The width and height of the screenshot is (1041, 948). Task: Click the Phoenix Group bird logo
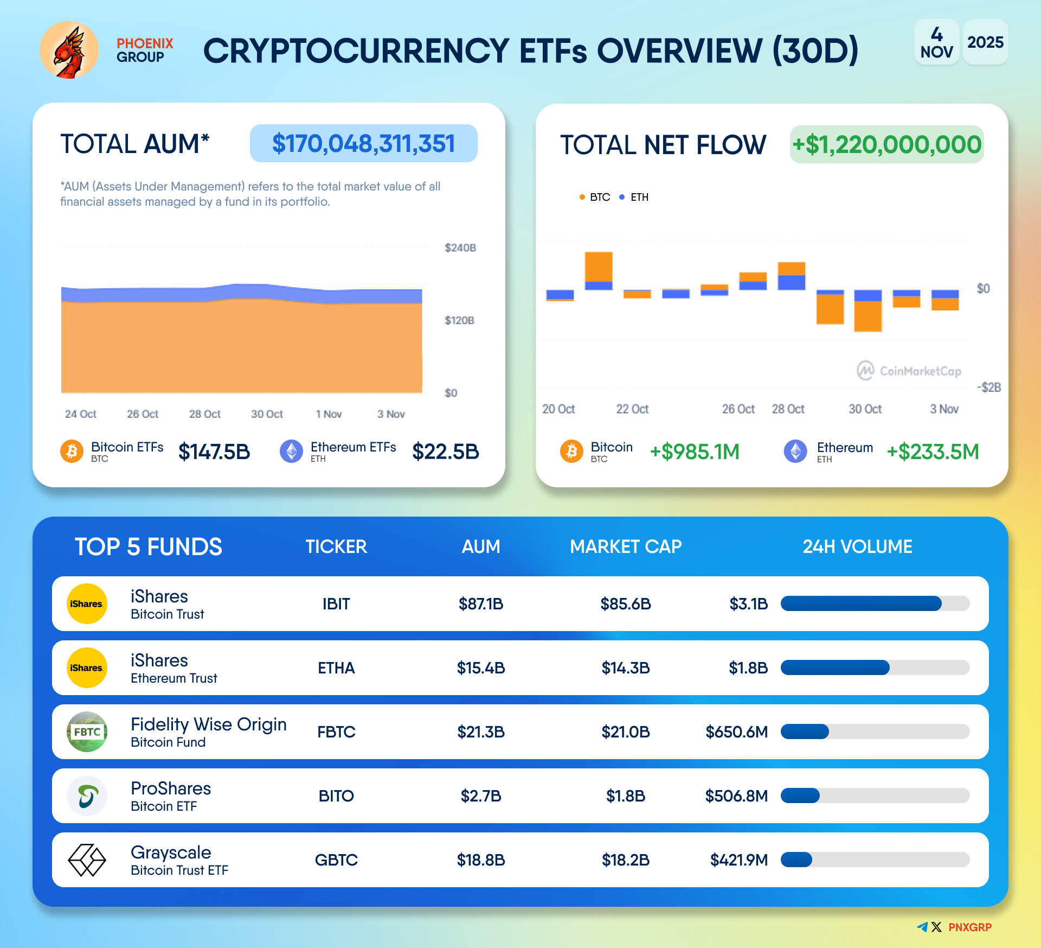coord(69,50)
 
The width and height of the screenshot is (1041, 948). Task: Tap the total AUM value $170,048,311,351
coord(363,144)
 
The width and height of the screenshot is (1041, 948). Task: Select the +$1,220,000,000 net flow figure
coord(886,145)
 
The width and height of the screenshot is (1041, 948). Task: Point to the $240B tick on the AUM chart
coord(460,248)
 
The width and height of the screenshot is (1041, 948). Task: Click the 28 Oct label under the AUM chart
coord(204,414)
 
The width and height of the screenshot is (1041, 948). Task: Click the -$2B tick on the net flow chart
coord(988,387)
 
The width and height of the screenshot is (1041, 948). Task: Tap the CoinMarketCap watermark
coord(909,371)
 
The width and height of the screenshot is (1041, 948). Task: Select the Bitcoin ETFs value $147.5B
coord(214,451)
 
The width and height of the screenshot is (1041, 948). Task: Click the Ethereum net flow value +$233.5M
coord(933,451)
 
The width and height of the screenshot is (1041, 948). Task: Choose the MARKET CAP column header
coord(626,546)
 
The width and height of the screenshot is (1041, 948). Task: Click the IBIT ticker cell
coord(336,604)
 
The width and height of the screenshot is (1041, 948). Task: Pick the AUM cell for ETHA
coord(481,668)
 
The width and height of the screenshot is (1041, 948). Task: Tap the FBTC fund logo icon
coord(87,732)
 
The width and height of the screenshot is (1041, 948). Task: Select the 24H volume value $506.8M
coord(736,796)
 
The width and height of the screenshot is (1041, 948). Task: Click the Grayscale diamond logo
coord(87,860)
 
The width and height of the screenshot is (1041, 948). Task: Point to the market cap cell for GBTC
coord(626,860)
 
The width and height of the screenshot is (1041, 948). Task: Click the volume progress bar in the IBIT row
coord(875,604)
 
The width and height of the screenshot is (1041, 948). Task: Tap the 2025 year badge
coord(985,42)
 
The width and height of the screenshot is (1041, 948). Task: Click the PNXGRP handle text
coord(969,927)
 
